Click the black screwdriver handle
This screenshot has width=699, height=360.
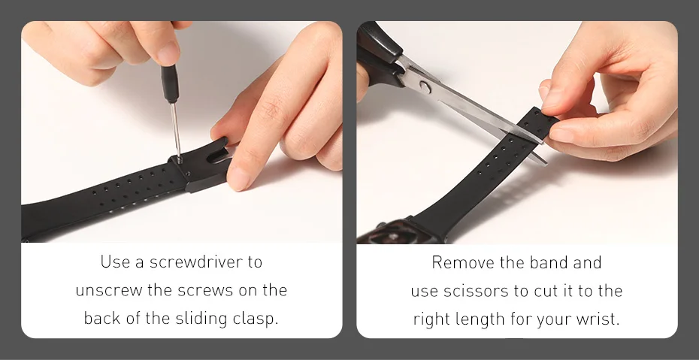[170, 83]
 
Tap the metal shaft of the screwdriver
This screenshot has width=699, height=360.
[176, 132]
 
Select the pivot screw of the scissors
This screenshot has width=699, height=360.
[425, 87]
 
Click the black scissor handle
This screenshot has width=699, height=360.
[379, 53]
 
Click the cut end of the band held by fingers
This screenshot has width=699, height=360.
[542, 114]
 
